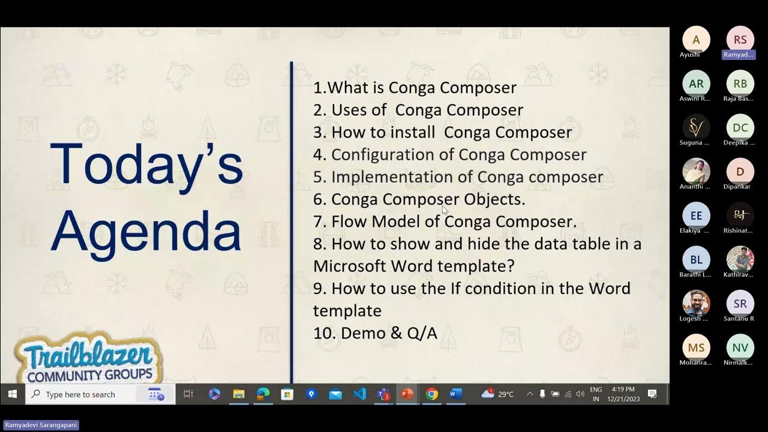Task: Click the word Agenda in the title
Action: tap(146, 231)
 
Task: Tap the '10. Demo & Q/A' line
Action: tap(375, 333)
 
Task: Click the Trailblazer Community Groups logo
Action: tap(89, 360)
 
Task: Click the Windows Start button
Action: tap(12, 394)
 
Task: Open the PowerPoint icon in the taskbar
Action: tap(407, 394)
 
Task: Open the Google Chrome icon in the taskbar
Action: tap(431, 394)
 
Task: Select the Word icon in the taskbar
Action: tap(455, 394)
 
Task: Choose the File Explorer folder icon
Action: tap(239, 394)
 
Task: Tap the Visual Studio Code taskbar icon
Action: tap(359, 394)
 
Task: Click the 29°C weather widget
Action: tap(498, 394)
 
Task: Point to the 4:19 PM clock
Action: tap(623, 390)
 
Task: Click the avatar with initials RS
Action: tap(740, 40)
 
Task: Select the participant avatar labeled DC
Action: tap(740, 128)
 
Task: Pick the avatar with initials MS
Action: tap(696, 348)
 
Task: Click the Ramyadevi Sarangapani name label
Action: tap(41, 425)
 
